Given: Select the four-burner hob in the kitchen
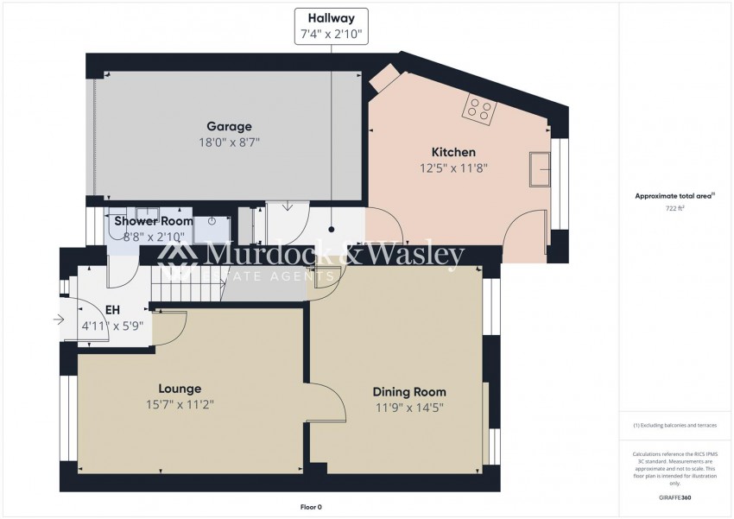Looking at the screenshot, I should pos(480,109).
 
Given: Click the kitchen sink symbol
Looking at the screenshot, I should pos(542,168).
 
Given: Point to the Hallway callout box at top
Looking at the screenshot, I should pos(332,27).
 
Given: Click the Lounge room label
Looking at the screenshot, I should pos(180,389).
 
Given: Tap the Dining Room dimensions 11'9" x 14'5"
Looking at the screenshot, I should pos(409,408).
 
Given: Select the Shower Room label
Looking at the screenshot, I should pos(154,220).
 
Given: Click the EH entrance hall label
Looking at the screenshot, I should pos(112,309).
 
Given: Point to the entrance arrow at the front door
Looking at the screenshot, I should pos(58,320).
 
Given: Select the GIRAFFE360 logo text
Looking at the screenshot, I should pos(674,498).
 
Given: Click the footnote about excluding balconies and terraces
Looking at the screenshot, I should pos(674,427).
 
